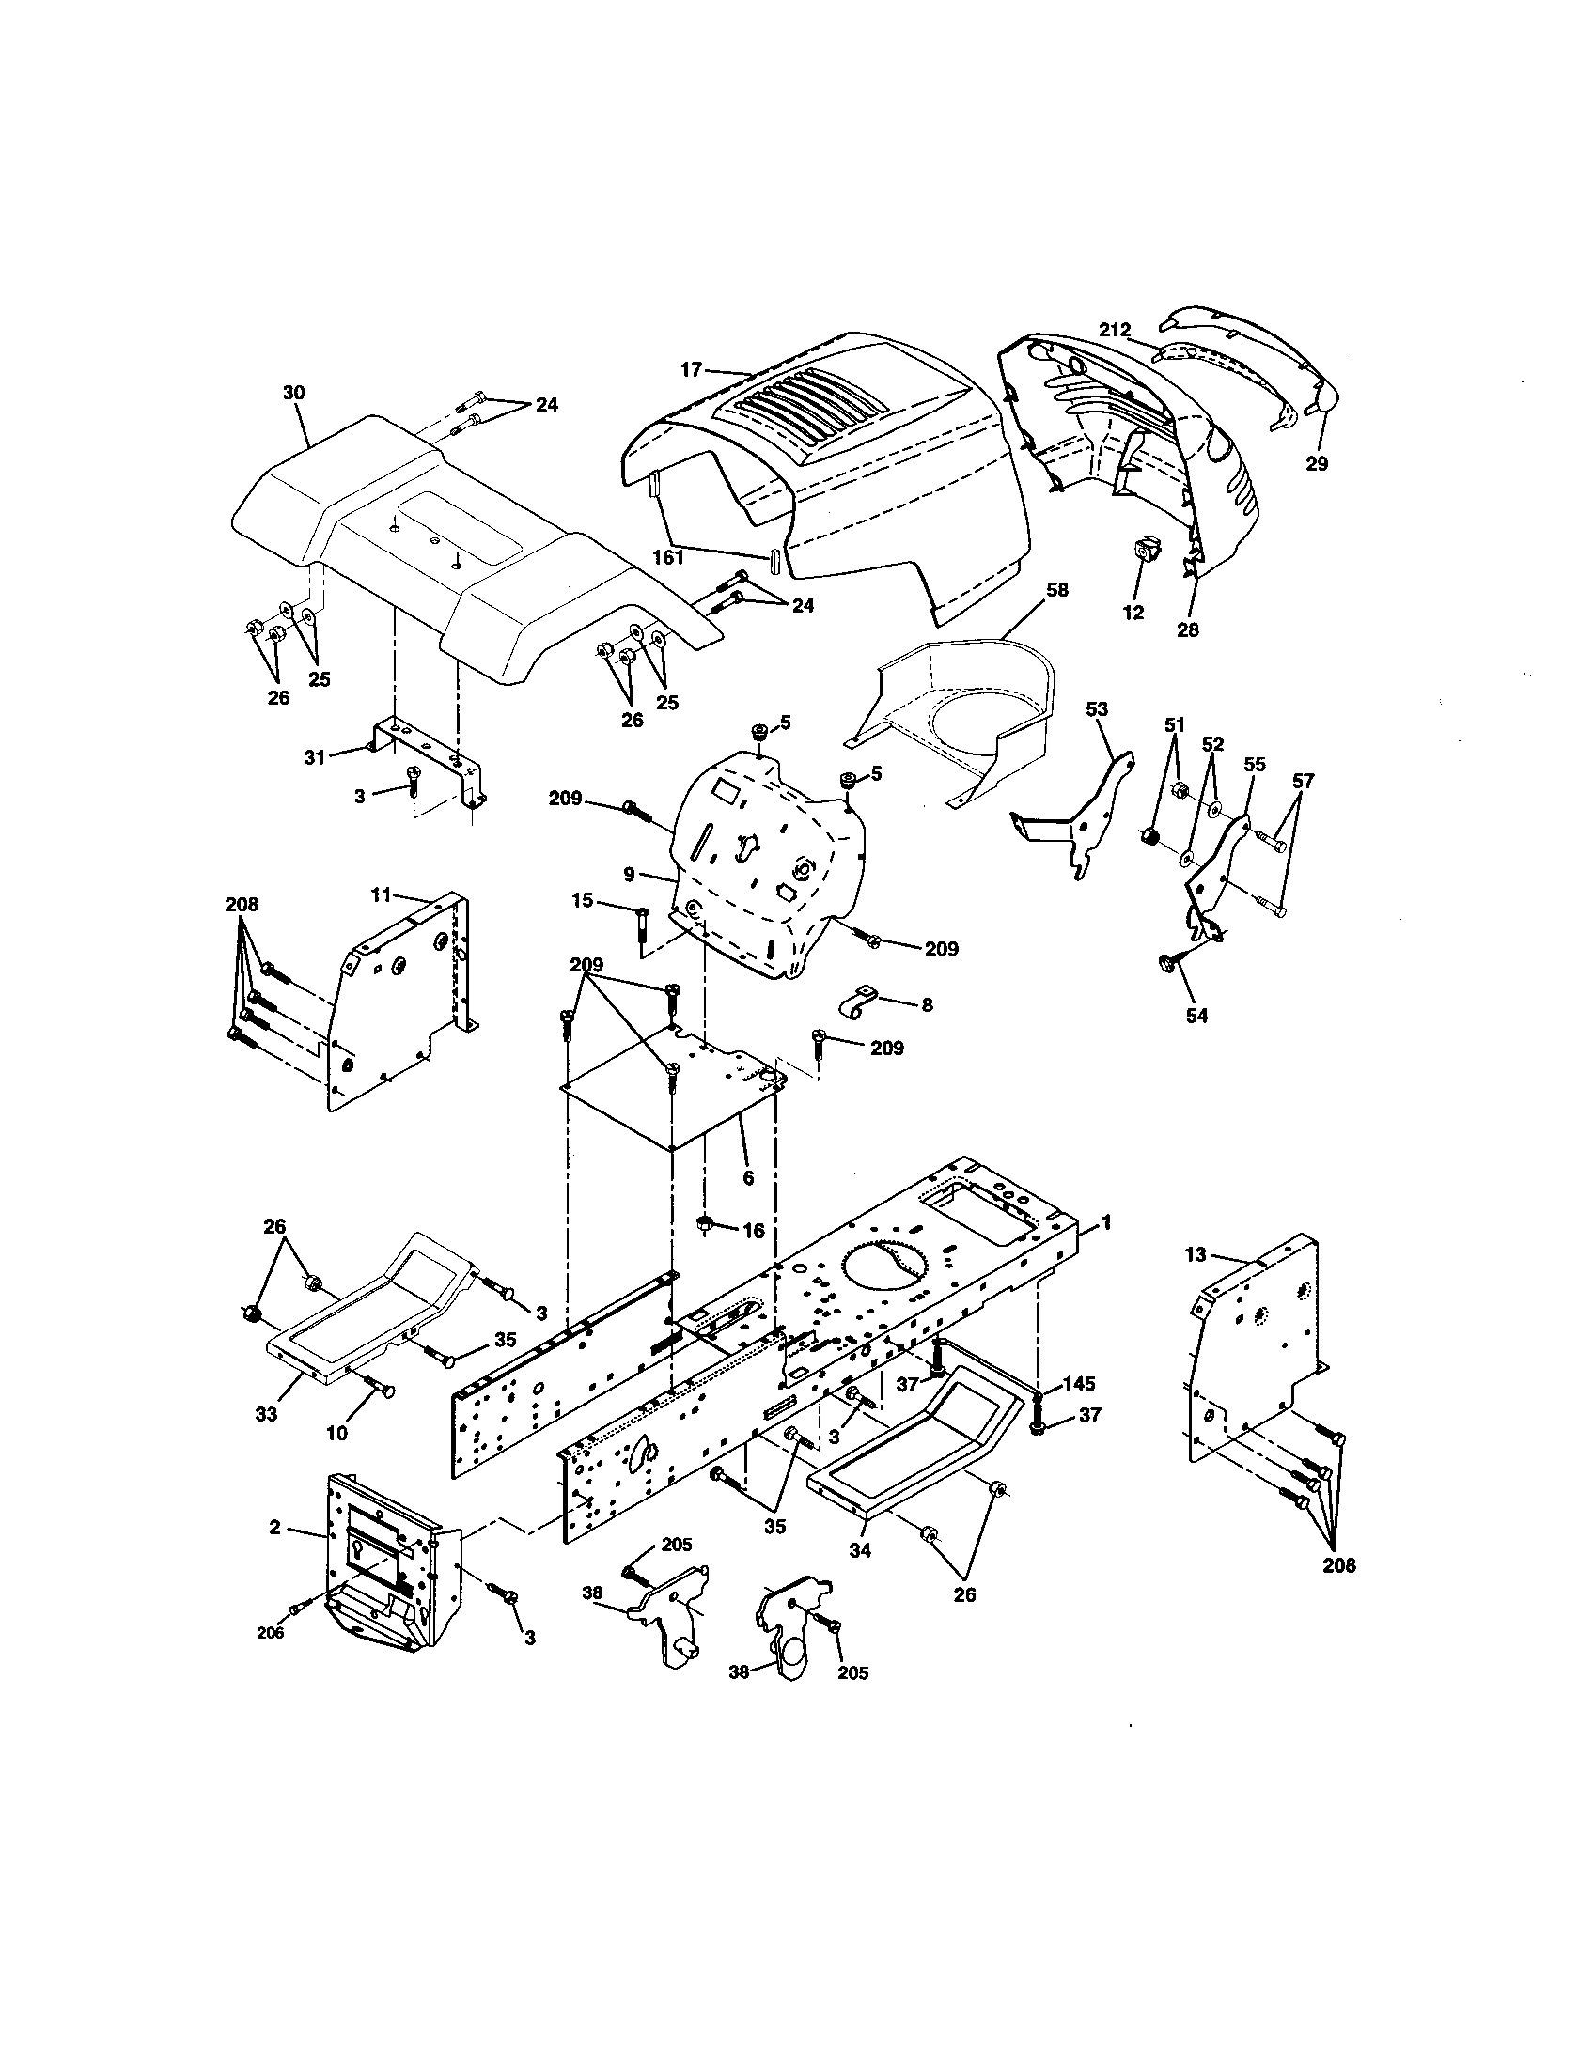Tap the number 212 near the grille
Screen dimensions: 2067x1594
[1115, 331]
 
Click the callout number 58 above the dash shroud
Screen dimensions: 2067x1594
[1057, 590]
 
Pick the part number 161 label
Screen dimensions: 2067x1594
[668, 557]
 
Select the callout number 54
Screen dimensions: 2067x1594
[1196, 1016]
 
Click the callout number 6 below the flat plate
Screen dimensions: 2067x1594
[748, 1177]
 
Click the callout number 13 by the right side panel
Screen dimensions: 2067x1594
[1195, 1255]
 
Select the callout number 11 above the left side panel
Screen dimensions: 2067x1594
[380, 893]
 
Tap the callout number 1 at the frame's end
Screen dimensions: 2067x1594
[1106, 1222]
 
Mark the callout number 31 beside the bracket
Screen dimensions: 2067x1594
[314, 756]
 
